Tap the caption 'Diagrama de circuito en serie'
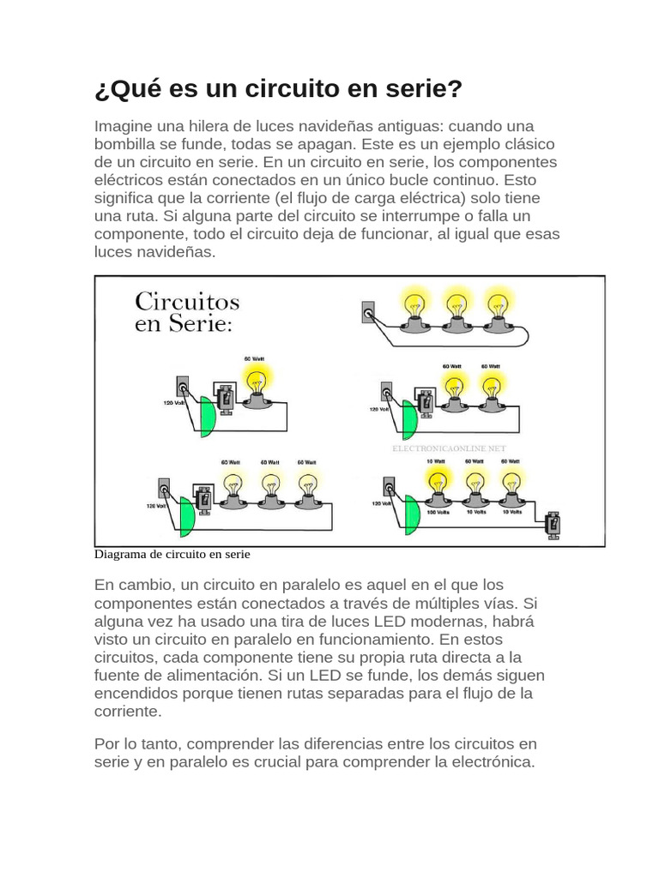click(171, 554)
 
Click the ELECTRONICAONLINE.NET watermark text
click(449, 448)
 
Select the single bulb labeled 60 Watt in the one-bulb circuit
click(256, 382)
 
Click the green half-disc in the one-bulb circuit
click(208, 417)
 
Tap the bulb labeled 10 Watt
click(438, 483)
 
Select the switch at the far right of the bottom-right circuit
click(554, 523)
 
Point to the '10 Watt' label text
click(437, 461)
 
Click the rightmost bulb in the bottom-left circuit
click(306, 488)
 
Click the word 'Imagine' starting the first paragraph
click(121, 125)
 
